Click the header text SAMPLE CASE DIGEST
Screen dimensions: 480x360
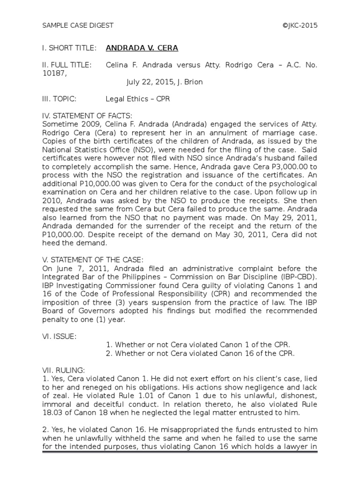coord(78,25)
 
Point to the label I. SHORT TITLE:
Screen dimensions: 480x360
coord(69,48)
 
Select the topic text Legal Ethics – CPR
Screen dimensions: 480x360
coord(138,99)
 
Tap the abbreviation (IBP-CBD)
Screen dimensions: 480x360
coord(299,277)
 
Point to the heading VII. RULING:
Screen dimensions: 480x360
coord(63,370)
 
